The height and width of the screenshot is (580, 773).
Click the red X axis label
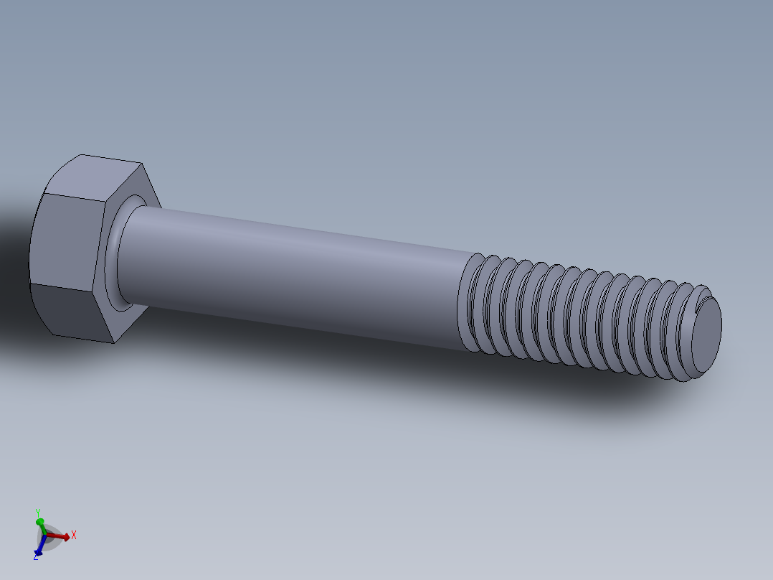point(73,535)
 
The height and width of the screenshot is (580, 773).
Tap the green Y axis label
point(37,512)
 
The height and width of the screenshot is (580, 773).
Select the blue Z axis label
point(36,556)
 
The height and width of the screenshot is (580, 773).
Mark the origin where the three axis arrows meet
point(45,535)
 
